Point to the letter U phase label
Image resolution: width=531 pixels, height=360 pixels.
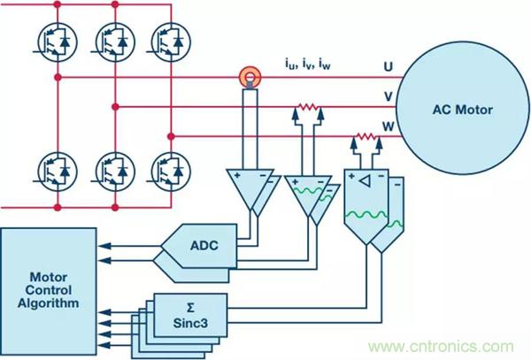tap(388, 66)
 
